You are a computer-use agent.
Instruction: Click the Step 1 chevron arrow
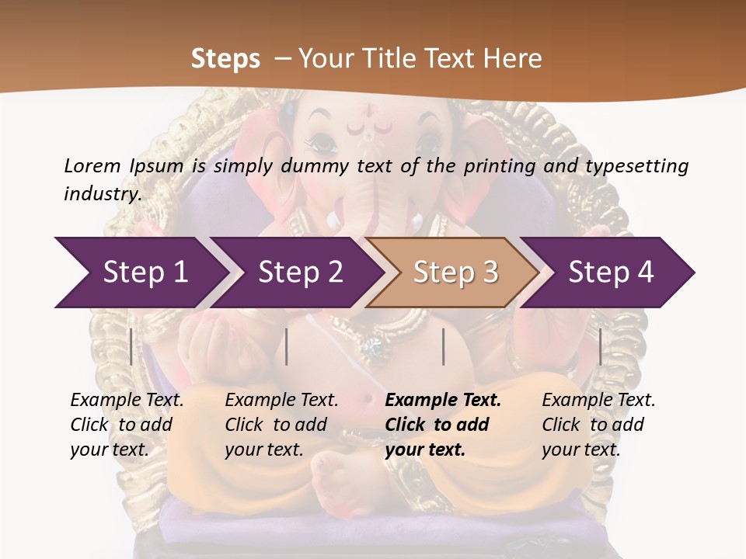(144, 273)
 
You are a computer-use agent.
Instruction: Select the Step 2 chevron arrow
(299, 273)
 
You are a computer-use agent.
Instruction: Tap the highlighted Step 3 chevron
(455, 273)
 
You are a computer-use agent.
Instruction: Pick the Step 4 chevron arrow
(610, 273)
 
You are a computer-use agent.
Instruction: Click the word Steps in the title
(225, 59)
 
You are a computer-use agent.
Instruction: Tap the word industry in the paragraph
(102, 193)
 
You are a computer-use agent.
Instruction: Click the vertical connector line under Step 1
(131, 346)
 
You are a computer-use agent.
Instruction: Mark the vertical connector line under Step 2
(287, 346)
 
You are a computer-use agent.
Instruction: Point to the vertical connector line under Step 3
(443, 346)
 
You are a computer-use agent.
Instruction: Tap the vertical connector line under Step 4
(600, 346)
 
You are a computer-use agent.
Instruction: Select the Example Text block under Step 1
(127, 425)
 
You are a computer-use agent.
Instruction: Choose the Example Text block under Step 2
(281, 425)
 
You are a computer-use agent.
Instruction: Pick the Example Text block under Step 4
(598, 425)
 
